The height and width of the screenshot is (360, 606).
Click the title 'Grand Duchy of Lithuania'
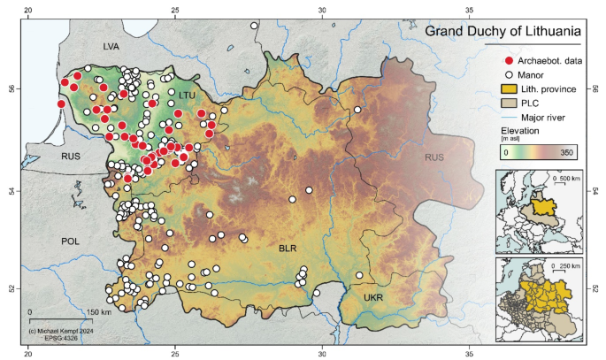click(502, 33)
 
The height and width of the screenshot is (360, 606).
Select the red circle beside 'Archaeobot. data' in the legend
click(509, 59)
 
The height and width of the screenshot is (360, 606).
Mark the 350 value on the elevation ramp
click(565, 152)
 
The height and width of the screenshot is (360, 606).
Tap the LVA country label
click(111, 45)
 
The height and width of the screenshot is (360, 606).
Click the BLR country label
click(287, 249)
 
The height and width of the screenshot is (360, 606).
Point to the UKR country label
click(373, 298)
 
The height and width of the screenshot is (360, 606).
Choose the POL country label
click(70, 241)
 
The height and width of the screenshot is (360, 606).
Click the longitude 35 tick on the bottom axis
click(469, 353)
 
